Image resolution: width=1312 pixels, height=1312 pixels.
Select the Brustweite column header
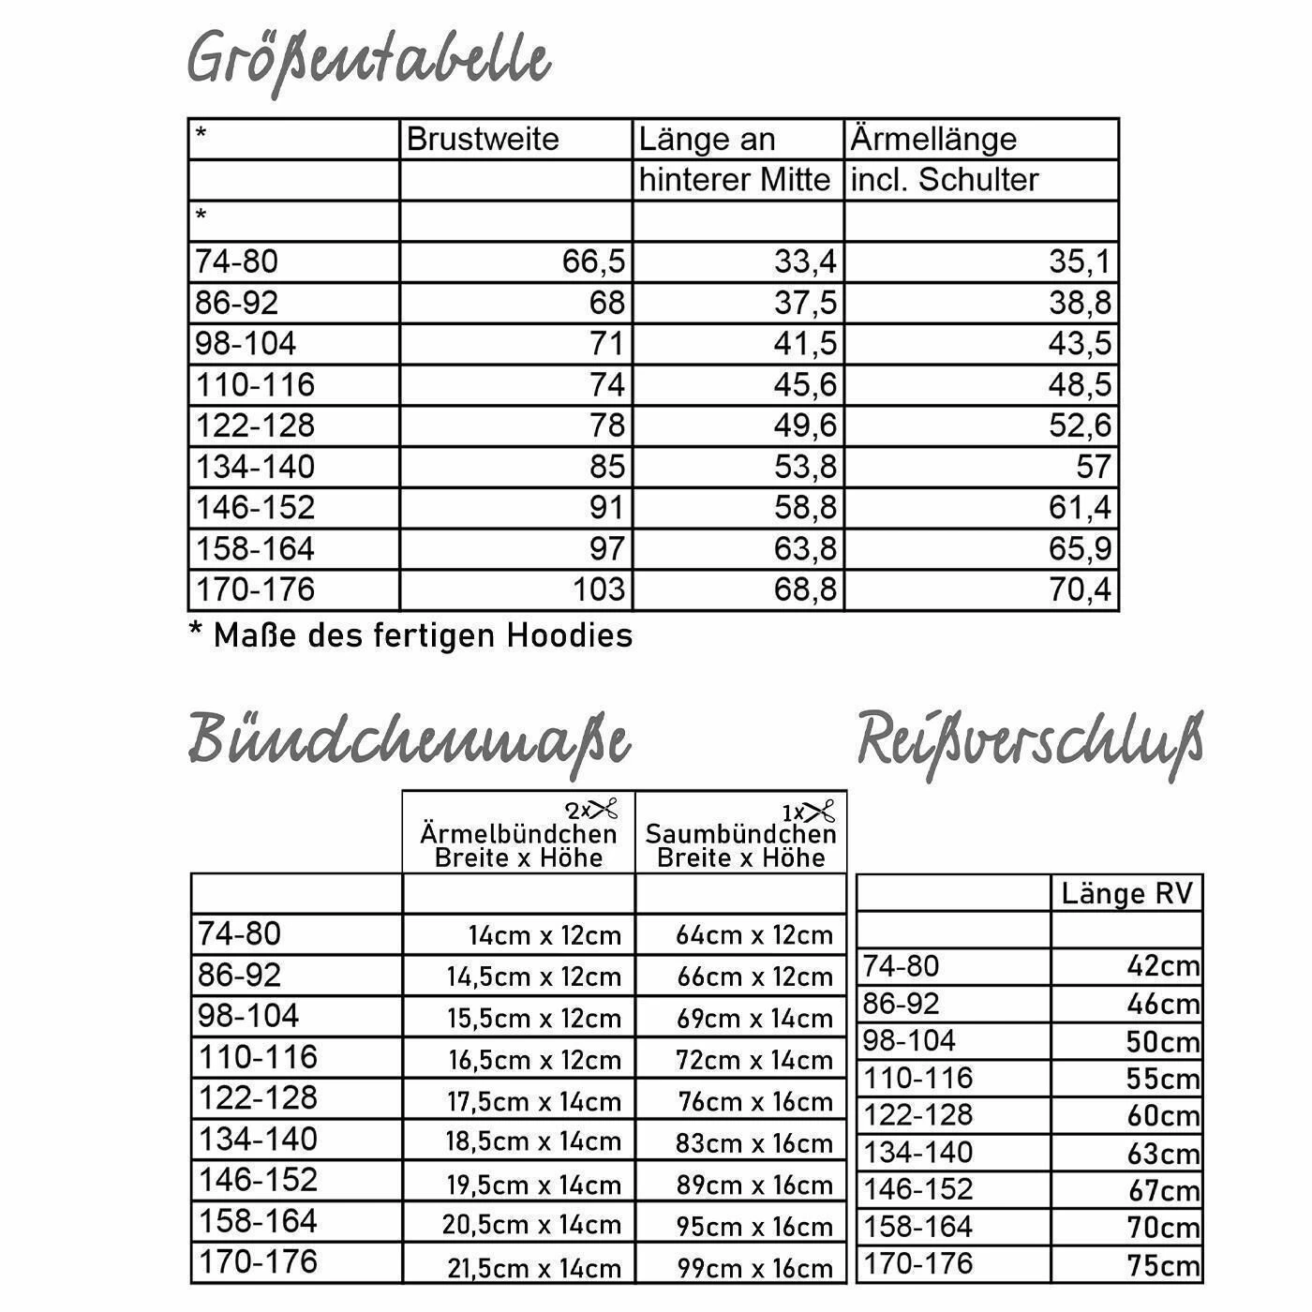click(482, 140)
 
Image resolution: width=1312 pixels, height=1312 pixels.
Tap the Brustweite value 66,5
click(592, 261)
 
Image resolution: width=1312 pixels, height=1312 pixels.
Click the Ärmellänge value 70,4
click(1080, 589)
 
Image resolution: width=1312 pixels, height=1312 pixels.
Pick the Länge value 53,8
click(804, 466)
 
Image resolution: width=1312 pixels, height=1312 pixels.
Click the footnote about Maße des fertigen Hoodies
click(411, 635)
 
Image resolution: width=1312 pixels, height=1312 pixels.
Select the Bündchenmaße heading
click(409, 740)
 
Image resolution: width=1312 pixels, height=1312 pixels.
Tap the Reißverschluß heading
click(1029, 740)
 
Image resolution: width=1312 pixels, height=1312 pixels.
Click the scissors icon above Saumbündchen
click(818, 811)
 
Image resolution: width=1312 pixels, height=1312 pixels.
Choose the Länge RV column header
click(1127, 894)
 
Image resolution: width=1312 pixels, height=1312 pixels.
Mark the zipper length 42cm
click(1162, 966)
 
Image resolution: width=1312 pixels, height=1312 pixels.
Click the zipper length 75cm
click(1162, 1265)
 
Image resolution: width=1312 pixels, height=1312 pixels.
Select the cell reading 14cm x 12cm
click(544, 935)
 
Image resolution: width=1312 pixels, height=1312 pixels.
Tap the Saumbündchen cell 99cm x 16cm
click(754, 1269)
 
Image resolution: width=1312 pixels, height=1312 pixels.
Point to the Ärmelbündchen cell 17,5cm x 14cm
click(534, 1101)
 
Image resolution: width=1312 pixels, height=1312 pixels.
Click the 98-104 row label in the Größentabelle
click(246, 344)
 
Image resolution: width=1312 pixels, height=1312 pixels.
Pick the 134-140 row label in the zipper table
click(917, 1152)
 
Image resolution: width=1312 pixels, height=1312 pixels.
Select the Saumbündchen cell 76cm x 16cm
click(755, 1101)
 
